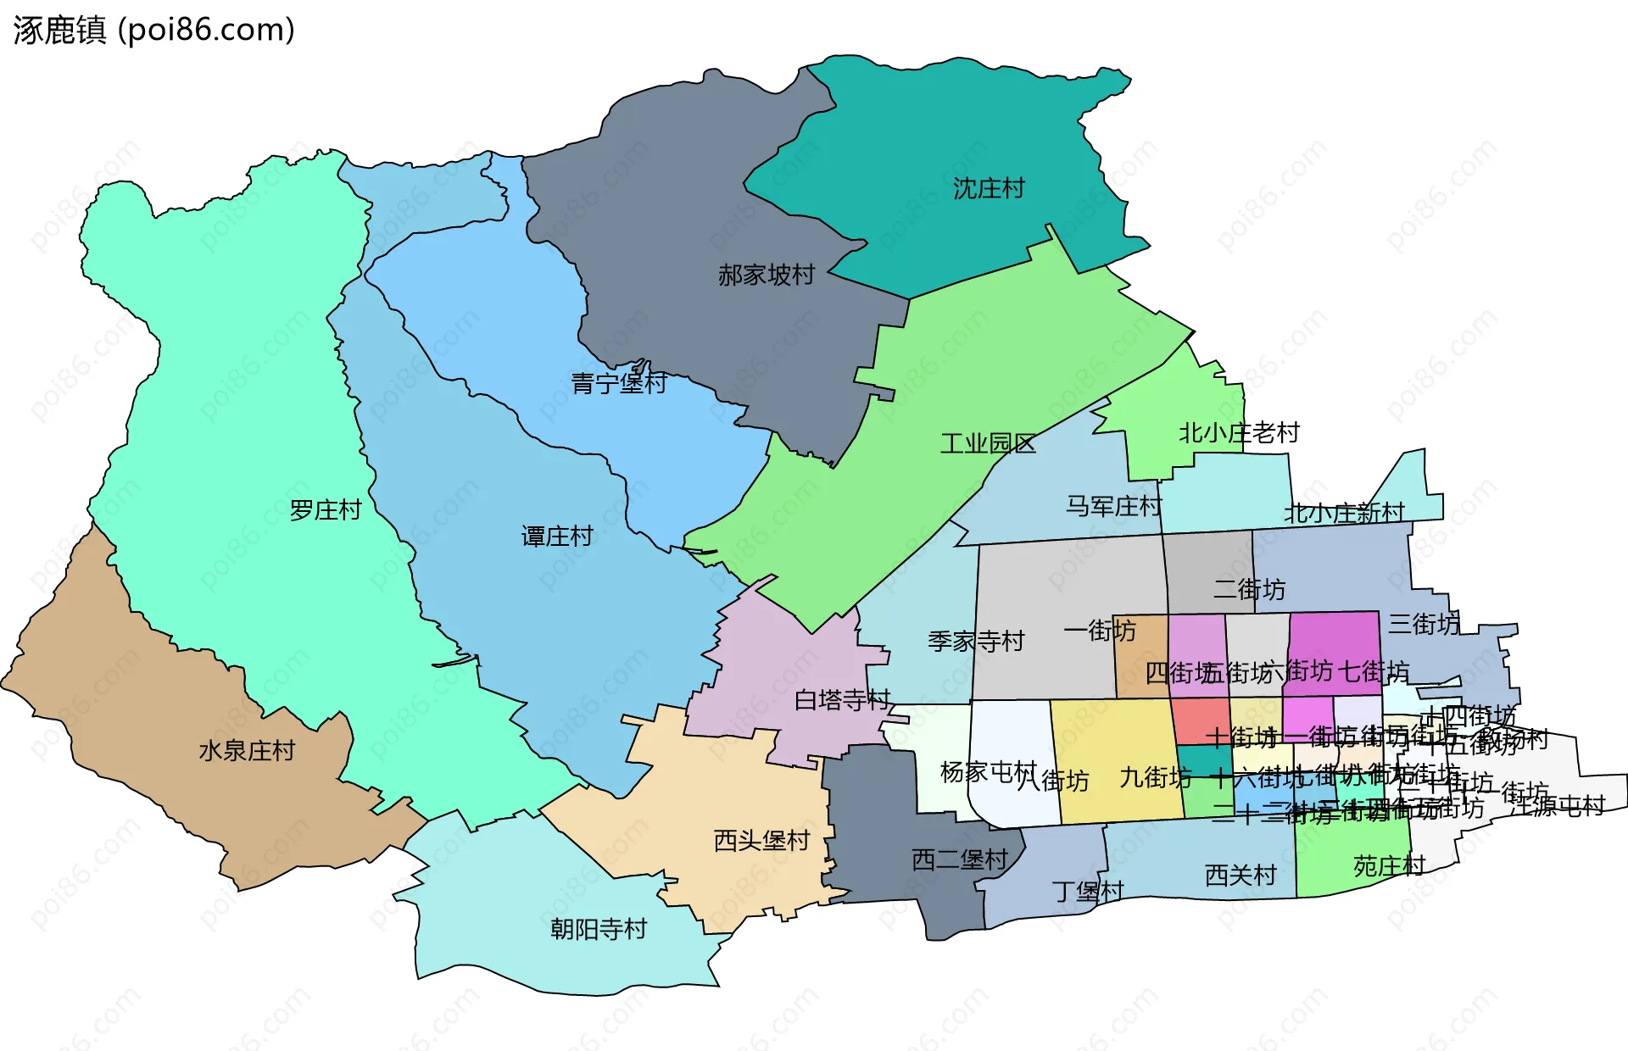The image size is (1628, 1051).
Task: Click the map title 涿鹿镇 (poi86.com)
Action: pyautogui.click(x=153, y=30)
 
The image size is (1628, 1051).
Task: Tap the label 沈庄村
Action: pyautogui.click(x=989, y=188)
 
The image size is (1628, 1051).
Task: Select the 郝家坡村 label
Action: pyautogui.click(x=766, y=275)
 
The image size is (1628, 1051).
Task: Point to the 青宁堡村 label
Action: pyautogui.click(x=618, y=383)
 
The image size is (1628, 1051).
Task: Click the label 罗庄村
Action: pyautogui.click(x=325, y=510)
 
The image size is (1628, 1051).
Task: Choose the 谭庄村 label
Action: pyautogui.click(x=556, y=537)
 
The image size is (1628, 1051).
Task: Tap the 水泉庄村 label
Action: pyautogui.click(x=246, y=751)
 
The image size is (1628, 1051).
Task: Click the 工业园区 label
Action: pyautogui.click(x=988, y=443)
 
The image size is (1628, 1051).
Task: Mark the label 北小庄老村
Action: pyautogui.click(x=1239, y=433)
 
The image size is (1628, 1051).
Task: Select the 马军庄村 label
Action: pyautogui.click(x=1112, y=507)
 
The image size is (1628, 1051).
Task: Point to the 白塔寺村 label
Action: pyautogui.click(x=841, y=700)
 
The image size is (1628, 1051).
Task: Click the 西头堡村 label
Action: pyautogui.click(x=761, y=841)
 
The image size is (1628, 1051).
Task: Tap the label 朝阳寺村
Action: pyautogui.click(x=598, y=930)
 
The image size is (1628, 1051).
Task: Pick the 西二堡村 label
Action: pyautogui.click(x=959, y=860)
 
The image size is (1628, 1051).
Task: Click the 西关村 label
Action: pyautogui.click(x=1240, y=876)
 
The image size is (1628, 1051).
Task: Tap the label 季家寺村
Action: pyautogui.click(x=975, y=642)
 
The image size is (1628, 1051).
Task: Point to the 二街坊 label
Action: pyautogui.click(x=1248, y=589)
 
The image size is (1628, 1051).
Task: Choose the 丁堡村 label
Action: pyautogui.click(x=1087, y=892)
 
